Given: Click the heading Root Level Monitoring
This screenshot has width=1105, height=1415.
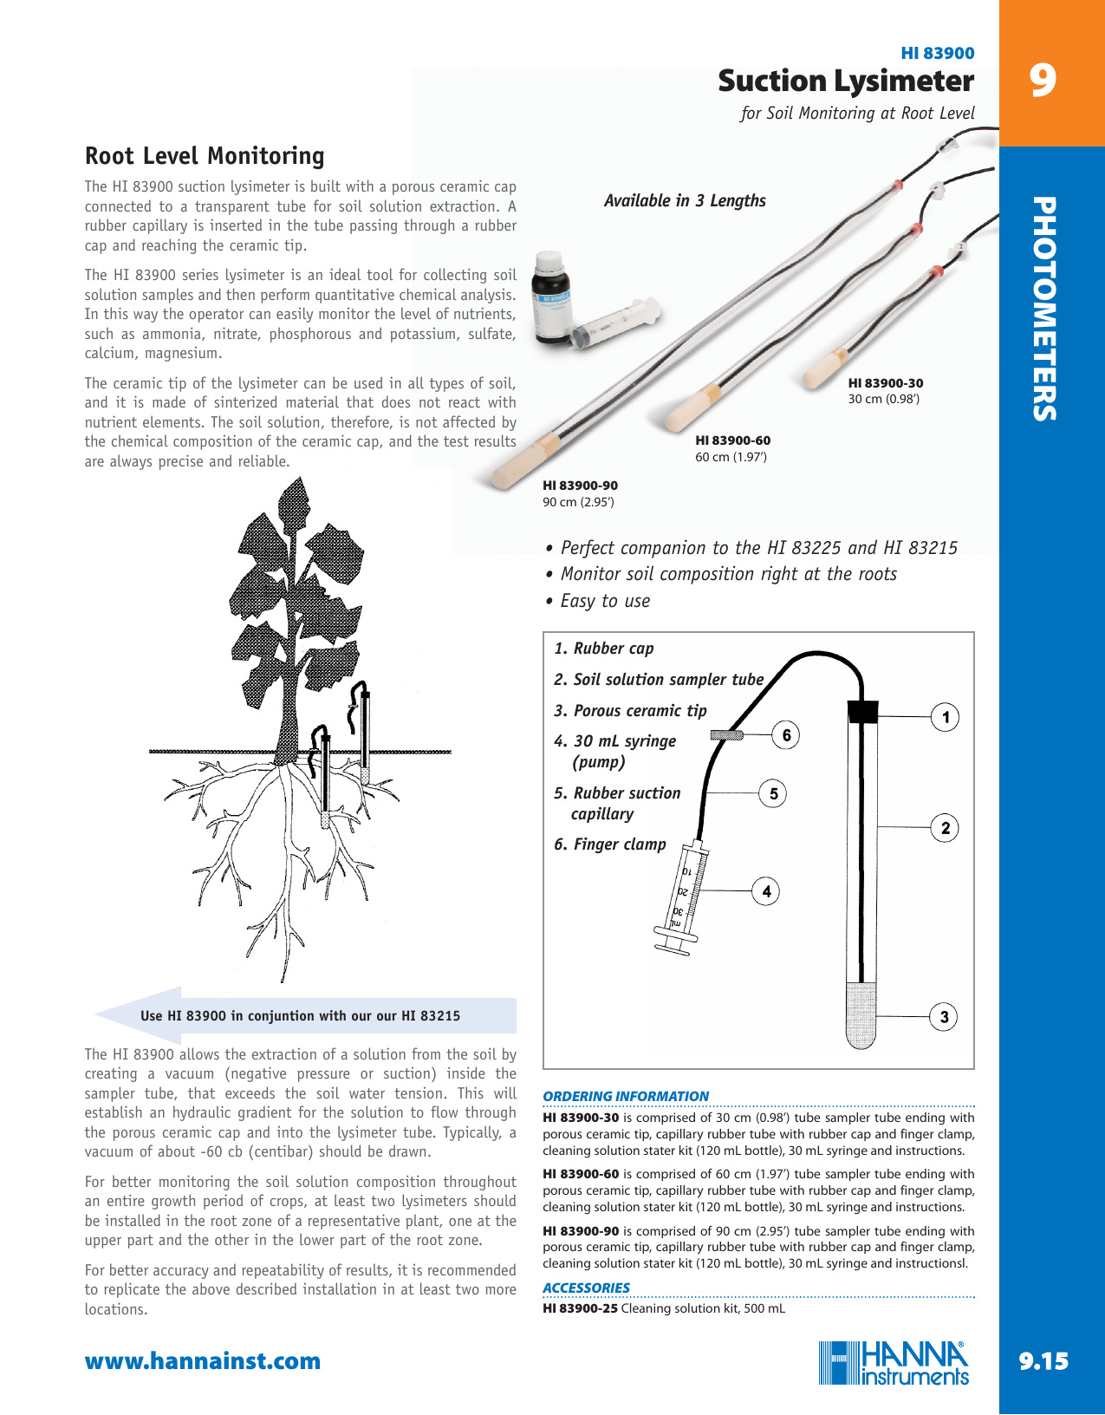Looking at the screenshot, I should tap(205, 156).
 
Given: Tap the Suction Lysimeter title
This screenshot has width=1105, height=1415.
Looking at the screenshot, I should tap(845, 82).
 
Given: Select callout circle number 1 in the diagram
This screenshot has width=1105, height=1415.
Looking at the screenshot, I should tap(945, 717).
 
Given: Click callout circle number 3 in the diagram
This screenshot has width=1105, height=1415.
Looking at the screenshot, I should tap(944, 1017).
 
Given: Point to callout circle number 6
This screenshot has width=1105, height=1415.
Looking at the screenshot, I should tap(786, 735).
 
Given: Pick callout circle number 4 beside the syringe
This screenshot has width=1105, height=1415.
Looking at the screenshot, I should tap(766, 890).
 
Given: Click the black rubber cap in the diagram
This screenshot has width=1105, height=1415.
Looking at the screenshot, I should tap(862, 711).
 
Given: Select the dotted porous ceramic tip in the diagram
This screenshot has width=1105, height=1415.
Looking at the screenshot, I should tap(861, 1014).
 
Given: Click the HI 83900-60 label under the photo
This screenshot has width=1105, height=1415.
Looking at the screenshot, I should tap(732, 440).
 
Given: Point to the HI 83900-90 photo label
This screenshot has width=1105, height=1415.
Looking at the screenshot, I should tap(580, 486).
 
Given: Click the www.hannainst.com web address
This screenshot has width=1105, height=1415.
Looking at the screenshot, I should tap(202, 1361).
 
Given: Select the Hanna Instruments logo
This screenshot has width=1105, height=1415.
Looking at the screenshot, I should tap(894, 1363).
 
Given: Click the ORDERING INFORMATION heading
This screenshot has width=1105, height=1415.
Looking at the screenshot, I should tap(625, 1096).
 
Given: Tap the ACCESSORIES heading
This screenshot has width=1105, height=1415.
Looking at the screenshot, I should tap(586, 1288).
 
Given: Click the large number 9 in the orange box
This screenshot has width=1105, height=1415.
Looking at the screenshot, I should tap(1043, 81).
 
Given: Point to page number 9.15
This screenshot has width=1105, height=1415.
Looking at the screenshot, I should tap(1043, 1361).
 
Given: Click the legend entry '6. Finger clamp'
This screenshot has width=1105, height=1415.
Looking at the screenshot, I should tap(610, 844).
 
